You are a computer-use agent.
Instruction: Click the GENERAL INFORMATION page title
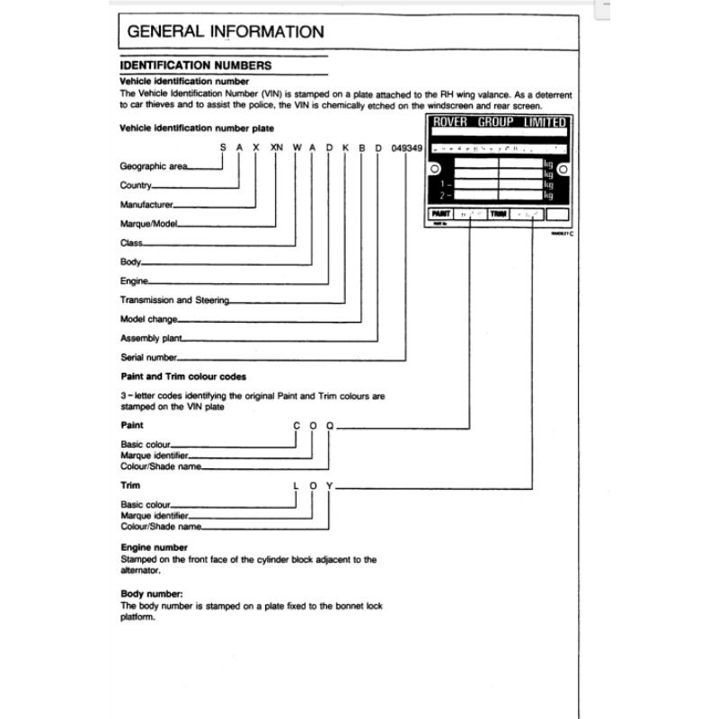pos(226,31)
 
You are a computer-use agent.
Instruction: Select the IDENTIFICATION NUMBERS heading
pos(196,66)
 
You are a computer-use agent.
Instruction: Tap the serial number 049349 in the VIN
pos(408,147)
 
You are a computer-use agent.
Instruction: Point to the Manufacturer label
pos(146,205)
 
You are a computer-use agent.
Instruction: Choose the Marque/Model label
pos(150,224)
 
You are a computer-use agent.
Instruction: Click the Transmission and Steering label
pos(174,300)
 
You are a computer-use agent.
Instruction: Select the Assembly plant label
pos(151,339)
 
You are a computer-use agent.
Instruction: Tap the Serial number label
pos(148,357)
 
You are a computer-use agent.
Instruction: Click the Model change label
pos(149,319)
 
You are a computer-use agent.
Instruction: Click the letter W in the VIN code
pos(296,147)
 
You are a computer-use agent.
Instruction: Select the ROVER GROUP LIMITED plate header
pos(499,122)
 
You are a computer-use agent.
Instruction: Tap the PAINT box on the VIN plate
pos(441,215)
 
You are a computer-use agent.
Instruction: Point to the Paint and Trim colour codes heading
pos(182,377)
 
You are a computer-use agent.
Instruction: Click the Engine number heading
pos(154,547)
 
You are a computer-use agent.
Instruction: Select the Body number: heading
pos(152,594)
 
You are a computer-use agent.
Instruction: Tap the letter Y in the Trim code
pos(330,486)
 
